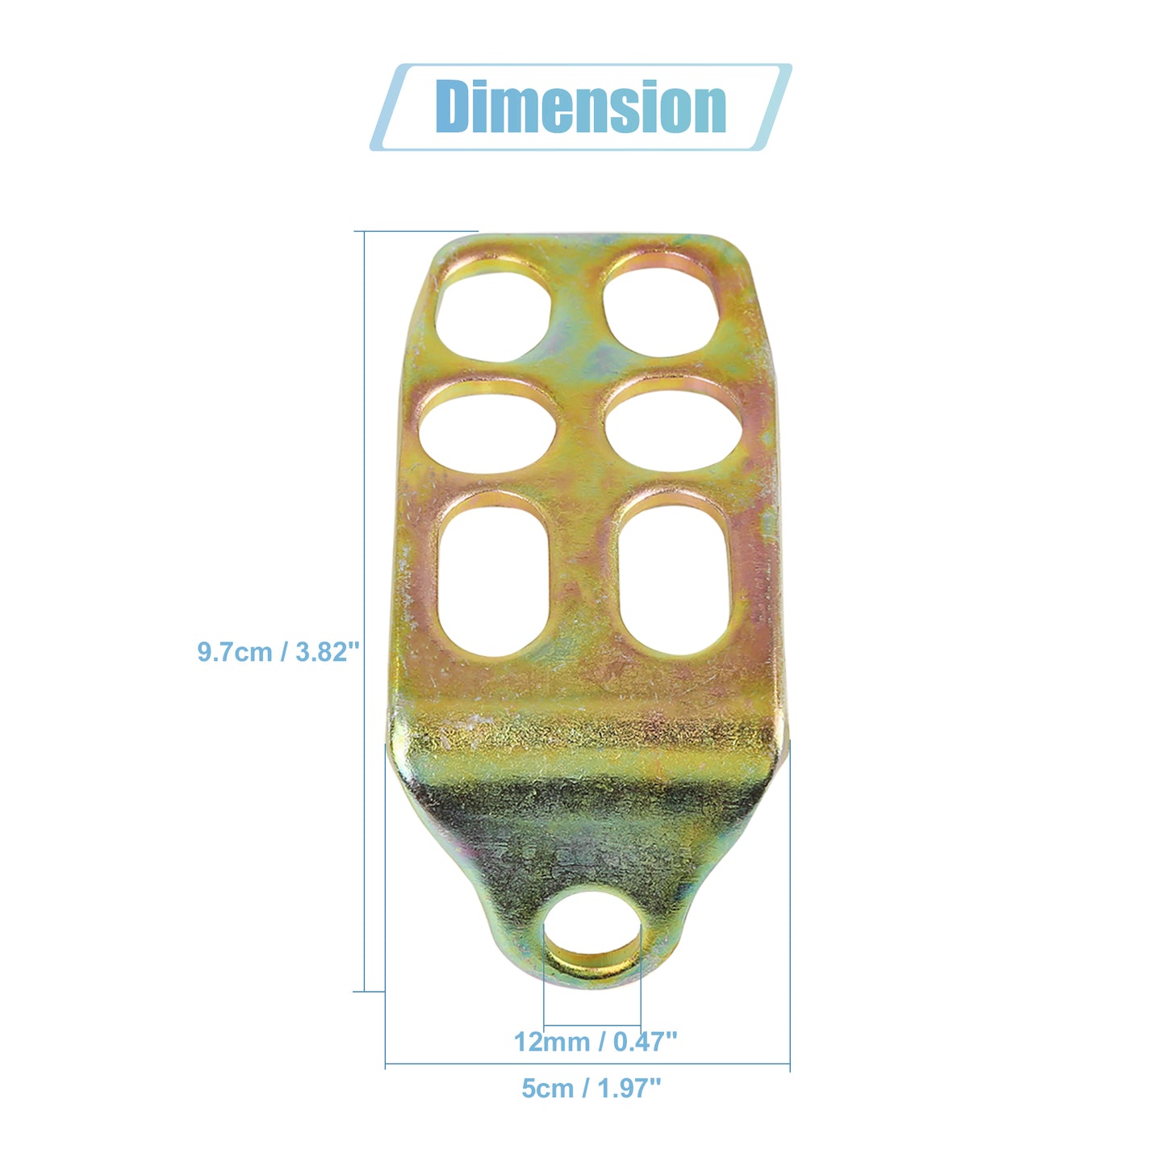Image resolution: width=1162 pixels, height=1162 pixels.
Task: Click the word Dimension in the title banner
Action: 581,107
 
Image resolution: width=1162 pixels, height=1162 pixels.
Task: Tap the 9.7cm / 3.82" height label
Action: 278,652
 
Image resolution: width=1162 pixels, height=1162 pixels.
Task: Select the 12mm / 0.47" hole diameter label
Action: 596,1042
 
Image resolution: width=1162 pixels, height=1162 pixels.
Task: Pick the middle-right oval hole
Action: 674,432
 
